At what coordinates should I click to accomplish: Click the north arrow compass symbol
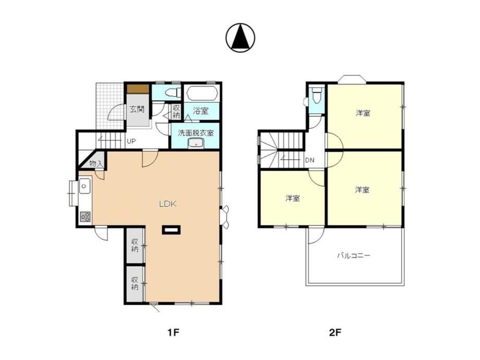pos(241,38)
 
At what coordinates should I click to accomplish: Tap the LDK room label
pos(168,204)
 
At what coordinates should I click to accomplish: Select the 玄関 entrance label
pos(137,109)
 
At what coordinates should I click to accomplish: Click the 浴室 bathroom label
pos(201,111)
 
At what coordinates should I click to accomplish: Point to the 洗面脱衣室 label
pos(196,133)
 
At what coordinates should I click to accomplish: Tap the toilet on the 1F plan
pos(172,93)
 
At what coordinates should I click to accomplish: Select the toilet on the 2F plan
pos(317,95)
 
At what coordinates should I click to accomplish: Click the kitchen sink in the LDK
pos(85,186)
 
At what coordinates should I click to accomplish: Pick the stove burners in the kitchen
pos(85,217)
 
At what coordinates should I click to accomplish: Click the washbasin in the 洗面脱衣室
pos(196,143)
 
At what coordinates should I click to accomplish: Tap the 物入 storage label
pos(96,164)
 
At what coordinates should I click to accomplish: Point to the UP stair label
pos(131,141)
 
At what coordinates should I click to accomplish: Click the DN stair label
pos(309,160)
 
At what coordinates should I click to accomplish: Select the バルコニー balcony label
pos(354,255)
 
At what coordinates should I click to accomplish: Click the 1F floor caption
pos(173,332)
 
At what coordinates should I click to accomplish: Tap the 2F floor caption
pos(335,332)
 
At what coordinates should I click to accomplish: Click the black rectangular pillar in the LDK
pos(172,230)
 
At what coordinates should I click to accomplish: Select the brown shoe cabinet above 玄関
pos(138,89)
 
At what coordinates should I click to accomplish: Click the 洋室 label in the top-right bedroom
pos(363,113)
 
